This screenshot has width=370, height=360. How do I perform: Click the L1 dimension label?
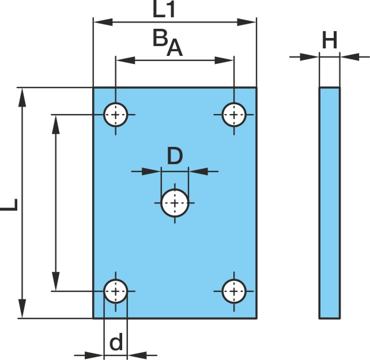[x=164, y=10]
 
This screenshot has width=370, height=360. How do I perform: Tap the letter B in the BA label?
[x=160, y=38]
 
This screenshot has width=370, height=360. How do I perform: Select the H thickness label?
[x=330, y=40]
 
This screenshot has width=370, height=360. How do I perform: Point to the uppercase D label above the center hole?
[x=175, y=156]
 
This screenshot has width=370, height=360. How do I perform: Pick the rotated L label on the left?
[x=9, y=204]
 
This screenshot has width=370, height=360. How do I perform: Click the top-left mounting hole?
[x=116, y=115]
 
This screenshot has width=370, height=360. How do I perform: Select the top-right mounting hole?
[x=234, y=115]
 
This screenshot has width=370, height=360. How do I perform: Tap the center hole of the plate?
[x=175, y=203]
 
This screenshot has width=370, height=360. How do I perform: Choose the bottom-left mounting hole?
[x=116, y=291]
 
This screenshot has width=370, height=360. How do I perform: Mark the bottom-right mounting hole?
[x=234, y=291]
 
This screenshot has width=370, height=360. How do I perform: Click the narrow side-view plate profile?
[x=330, y=203]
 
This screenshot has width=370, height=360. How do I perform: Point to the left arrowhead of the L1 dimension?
[x=103, y=22]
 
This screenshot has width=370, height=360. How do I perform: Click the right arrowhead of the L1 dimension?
[x=247, y=22]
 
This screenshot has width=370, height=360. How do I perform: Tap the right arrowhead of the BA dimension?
[x=224, y=60]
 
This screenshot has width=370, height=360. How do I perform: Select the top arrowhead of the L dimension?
[x=22, y=98]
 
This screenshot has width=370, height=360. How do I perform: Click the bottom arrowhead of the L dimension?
[x=22, y=308]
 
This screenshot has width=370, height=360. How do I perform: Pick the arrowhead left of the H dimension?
[x=309, y=57]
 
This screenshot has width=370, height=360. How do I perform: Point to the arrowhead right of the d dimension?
[x=137, y=355]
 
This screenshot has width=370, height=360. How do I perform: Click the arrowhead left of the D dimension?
[x=151, y=172]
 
